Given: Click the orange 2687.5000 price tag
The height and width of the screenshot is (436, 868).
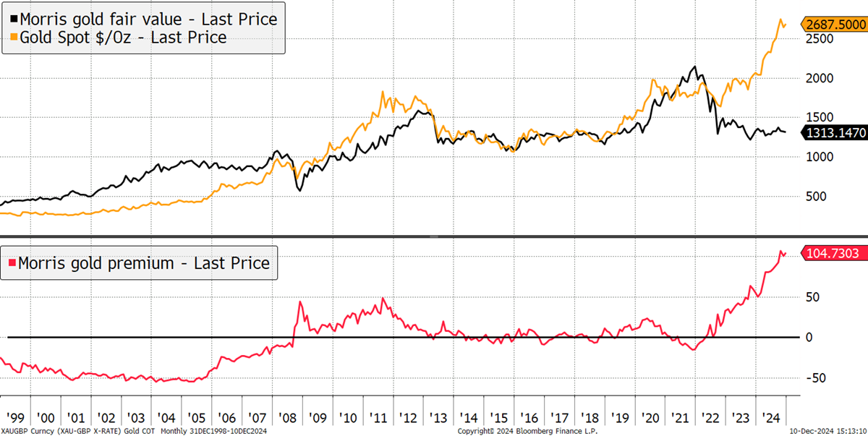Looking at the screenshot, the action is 835,25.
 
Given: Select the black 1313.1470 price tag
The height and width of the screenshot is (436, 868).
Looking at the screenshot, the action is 835,133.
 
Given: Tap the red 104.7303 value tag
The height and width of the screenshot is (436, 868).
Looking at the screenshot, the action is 835,253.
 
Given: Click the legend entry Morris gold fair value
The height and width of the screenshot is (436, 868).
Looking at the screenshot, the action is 144,19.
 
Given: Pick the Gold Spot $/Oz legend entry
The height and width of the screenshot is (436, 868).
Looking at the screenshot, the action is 119,37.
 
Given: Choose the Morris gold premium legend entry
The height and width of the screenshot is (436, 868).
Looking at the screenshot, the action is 139,263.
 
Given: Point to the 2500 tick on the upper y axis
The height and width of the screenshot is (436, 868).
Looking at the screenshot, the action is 820,39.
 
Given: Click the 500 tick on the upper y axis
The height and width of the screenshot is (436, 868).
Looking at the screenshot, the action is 816,197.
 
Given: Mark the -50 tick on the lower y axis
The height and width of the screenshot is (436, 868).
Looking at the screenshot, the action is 816,377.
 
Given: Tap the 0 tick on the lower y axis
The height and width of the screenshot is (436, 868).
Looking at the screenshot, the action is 809,337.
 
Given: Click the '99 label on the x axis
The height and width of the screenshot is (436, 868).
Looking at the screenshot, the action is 15,418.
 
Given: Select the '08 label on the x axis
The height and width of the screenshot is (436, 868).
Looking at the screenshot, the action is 287,418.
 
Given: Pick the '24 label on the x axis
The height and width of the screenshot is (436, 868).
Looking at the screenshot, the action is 771,418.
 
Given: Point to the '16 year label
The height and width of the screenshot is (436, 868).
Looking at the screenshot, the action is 529,418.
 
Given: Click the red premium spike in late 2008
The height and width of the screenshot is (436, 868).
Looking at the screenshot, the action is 300,302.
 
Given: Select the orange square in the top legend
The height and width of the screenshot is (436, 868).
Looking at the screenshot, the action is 14,37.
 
